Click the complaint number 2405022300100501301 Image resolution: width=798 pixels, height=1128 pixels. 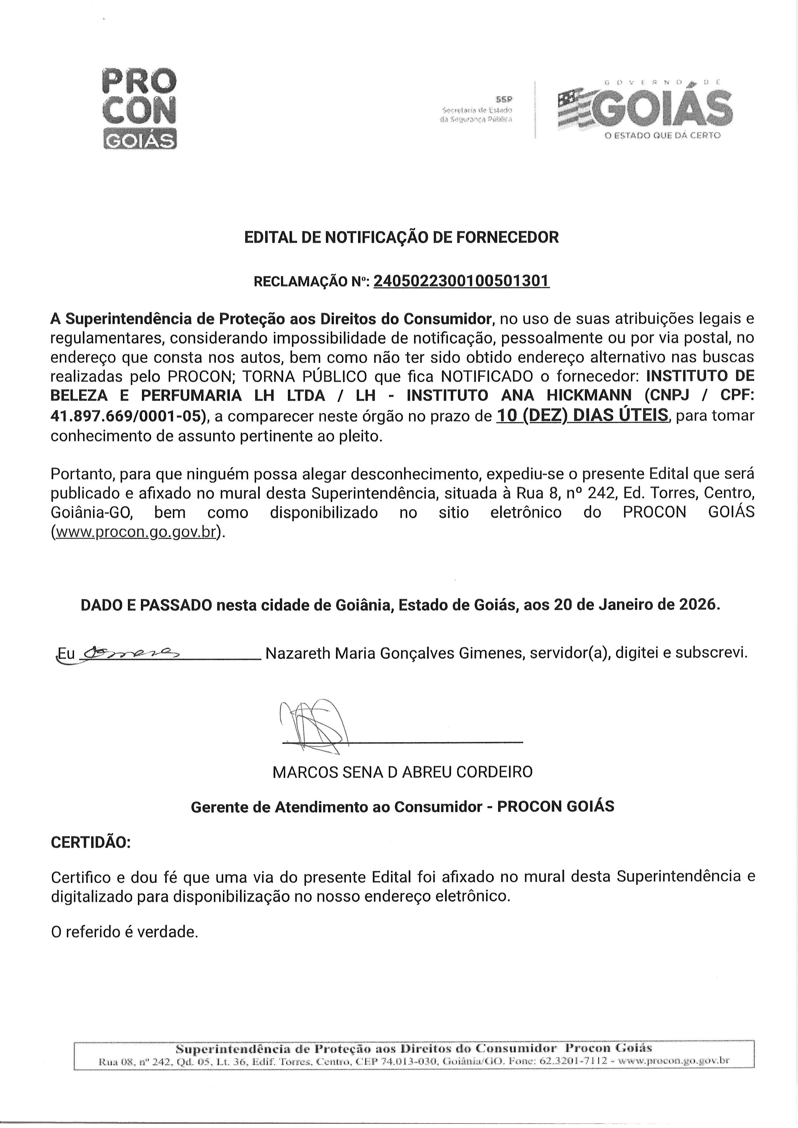point(461,281)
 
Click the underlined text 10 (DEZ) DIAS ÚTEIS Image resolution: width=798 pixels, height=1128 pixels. point(582,416)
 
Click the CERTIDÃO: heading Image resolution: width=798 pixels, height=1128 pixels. point(91,842)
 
